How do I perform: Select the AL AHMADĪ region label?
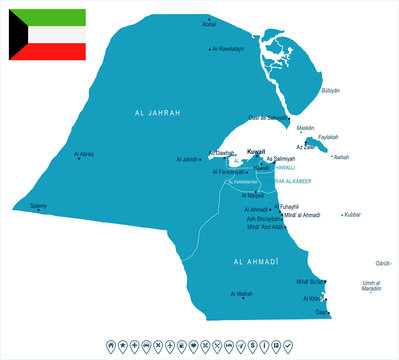tap(255, 261)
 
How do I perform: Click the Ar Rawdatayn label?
tap(229, 48)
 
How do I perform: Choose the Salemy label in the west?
tap(38, 206)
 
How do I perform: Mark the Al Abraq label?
tap(85, 153)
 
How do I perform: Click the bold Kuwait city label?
tap(256, 151)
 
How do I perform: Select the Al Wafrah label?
tap(241, 293)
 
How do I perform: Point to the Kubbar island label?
tap(351, 214)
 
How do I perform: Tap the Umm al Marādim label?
tap(372, 286)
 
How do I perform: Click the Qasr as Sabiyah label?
tap(270, 117)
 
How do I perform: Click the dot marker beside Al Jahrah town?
tap(203, 159)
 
